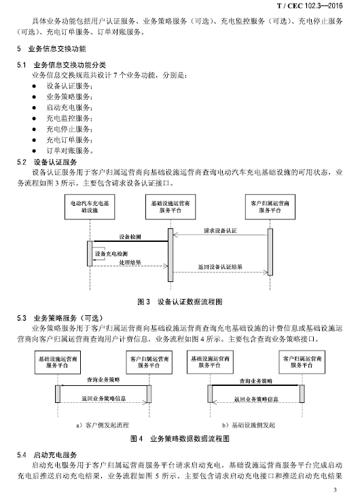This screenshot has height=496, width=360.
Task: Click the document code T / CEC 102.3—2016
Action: (x=310, y=5)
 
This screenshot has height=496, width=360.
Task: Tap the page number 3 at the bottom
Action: (x=336, y=490)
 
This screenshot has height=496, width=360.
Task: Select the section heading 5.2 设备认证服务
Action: (x=47, y=162)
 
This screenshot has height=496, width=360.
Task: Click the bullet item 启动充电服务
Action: (x=69, y=107)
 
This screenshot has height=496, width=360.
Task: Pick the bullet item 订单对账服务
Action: (x=69, y=151)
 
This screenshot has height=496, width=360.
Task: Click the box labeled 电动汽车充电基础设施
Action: (x=90, y=207)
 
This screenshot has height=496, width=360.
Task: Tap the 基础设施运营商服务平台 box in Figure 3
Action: (x=170, y=207)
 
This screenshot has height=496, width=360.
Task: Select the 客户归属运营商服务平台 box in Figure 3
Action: (x=270, y=207)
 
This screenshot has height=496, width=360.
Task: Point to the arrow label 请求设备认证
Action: (x=220, y=230)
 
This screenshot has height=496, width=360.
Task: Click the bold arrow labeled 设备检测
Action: (x=129, y=241)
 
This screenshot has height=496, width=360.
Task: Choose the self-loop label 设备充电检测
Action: (x=111, y=253)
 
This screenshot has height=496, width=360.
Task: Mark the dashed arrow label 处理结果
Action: (x=130, y=262)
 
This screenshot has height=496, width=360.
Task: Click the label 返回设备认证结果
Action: (x=220, y=266)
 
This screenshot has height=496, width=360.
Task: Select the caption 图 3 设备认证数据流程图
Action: (x=180, y=302)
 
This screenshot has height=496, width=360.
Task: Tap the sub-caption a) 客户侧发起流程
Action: (x=103, y=425)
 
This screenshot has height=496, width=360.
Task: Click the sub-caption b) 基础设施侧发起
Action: (x=249, y=425)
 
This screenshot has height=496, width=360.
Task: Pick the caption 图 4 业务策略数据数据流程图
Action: (x=180, y=439)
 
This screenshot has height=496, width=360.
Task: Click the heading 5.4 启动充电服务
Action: (x=47, y=455)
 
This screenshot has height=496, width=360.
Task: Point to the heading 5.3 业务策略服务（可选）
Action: (x=60, y=318)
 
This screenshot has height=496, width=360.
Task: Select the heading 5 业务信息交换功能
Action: (x=52, y=49)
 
